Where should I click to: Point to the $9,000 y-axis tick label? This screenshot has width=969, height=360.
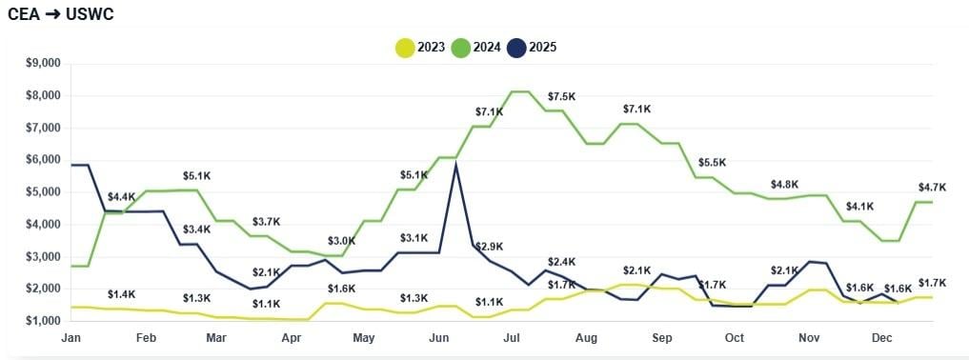coord(42,64)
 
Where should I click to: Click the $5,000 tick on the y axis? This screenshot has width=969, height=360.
coord(42,192)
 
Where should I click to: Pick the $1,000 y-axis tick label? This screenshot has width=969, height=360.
coord(42,321)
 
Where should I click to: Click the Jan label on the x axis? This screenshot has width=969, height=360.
coord(71,338)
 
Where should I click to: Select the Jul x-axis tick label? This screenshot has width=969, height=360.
coord(511,338)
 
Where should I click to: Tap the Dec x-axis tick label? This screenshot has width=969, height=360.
coord(881,338)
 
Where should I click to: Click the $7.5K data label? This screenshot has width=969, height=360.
coord(561,97)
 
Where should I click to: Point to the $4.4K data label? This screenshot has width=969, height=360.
coord(121,197)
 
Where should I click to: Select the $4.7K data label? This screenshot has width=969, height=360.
coord(931,187)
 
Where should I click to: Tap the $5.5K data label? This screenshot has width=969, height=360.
coord(712,163)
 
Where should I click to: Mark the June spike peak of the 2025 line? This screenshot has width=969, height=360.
coord(456,165)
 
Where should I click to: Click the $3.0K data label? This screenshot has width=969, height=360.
coord(341,241)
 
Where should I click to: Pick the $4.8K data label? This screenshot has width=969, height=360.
coord(785,184)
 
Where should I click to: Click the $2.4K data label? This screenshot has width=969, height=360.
coord(561,261)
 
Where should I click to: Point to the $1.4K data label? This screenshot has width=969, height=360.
coord(121,294)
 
